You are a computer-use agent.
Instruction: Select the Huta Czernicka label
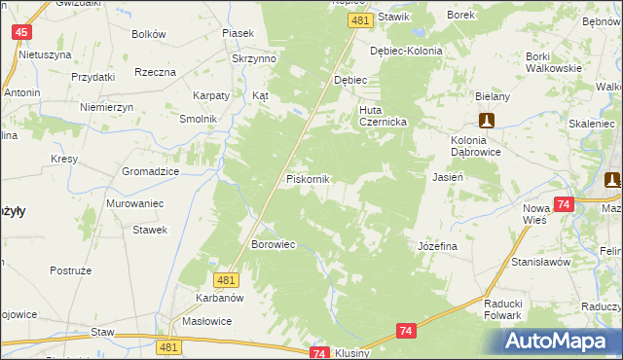tap(388, 116)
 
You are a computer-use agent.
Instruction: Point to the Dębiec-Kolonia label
tap(406, 51)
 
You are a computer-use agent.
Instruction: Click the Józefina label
tap(437, 247)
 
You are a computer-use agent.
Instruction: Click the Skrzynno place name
tap(255, 58)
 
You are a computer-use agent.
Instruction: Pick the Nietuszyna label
tap(46, 54)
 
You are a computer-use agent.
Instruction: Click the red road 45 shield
tap(21, 32)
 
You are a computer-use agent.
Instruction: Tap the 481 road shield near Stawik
tap(361, 20)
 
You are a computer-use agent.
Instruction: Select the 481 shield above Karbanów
tap(227, 280)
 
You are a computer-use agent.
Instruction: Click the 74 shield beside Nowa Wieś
tap(563, 204)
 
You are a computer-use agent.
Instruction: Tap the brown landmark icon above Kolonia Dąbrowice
tap(487, 121)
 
